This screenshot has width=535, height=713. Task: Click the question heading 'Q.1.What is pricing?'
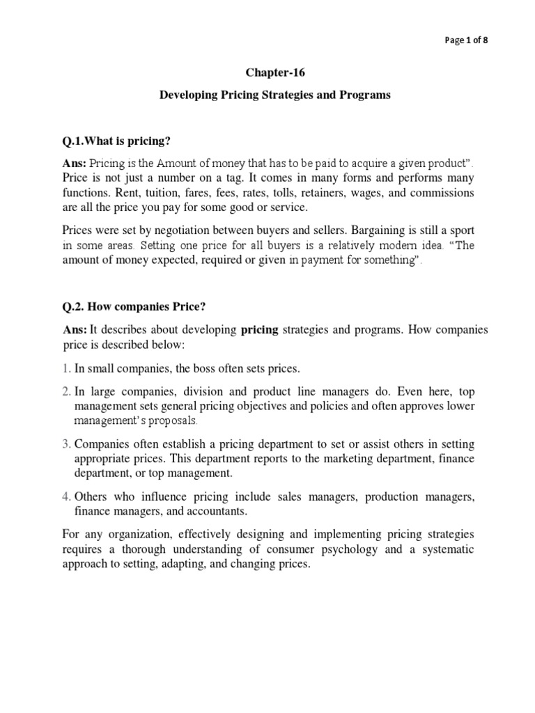[x=116, y=141]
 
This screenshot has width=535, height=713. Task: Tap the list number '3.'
[x=66, y=444]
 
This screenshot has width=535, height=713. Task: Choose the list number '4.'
[x=66, y=496]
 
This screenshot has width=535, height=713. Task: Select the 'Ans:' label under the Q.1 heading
[x=75, y=162]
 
